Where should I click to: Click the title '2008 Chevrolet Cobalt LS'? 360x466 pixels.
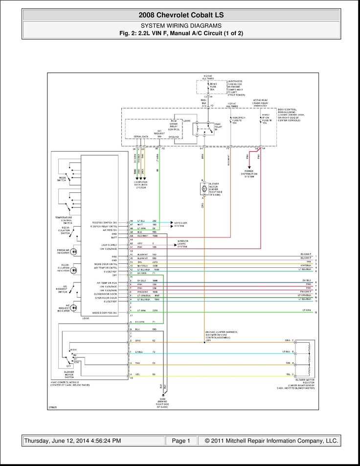coord(181,15)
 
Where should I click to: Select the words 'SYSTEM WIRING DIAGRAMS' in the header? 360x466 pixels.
coord(181,25)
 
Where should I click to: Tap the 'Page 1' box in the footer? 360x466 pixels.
coord(181,441)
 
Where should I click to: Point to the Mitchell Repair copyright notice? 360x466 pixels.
coord(271,441)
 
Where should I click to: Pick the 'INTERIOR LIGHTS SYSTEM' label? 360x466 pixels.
coord(182,244)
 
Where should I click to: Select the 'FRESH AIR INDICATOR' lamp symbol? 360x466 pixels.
coord(74,252)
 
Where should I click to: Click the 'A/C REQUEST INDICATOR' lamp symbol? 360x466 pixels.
coord(74,307)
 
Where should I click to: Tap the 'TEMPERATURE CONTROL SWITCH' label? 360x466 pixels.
coord(63,220)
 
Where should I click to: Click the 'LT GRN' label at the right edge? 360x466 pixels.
coord(306,310)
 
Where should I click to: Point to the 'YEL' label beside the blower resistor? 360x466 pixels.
coord(288,374)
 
